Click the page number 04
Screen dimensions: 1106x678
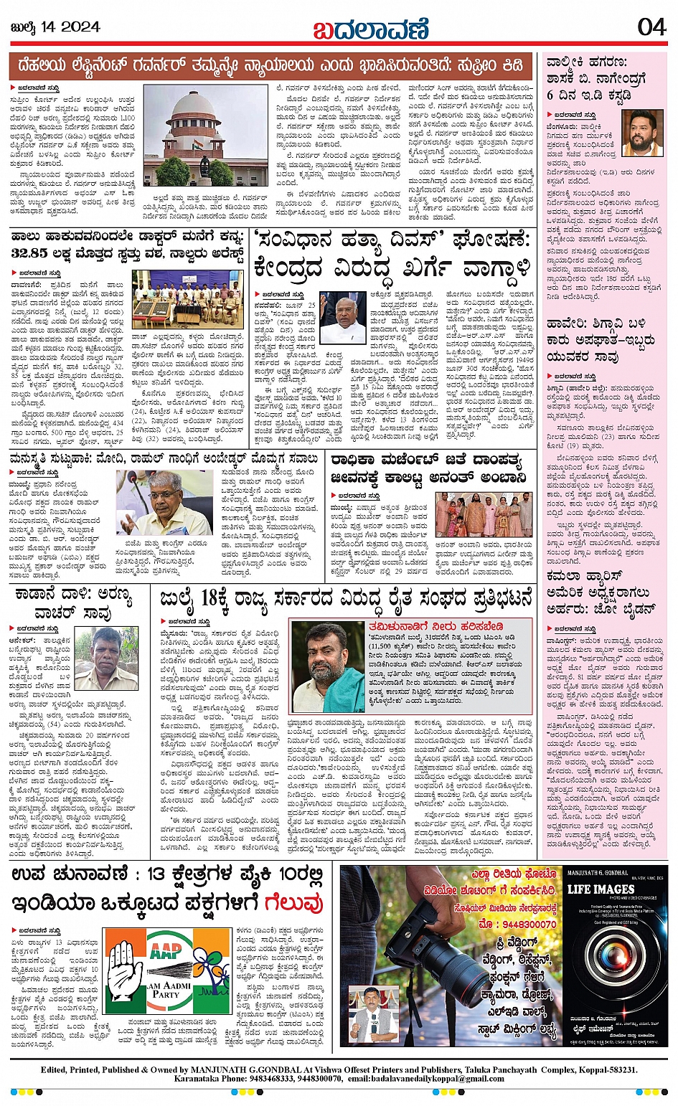click(x=651, y=27)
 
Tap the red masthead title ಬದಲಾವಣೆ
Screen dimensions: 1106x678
click(x=370, y=29)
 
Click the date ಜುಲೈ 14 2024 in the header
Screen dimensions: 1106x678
click(x=55, y=28)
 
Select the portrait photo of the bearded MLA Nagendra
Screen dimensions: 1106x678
click(x=641, y=133)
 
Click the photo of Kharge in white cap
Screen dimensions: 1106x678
click(x=342, y=317)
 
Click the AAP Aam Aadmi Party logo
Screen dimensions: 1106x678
click(x=167, y=972)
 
